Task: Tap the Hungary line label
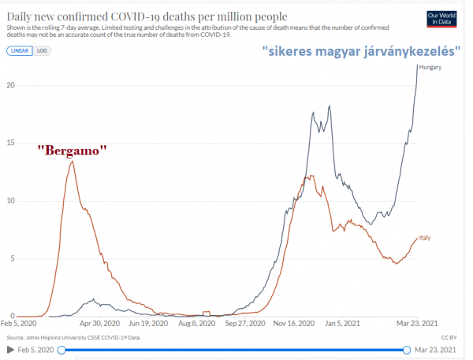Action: pyautogui.click(x=430, y=68)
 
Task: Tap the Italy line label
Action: pyautogui.click(x=423, y=237)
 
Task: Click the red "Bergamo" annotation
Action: pyautogui.click(x=73, y=149)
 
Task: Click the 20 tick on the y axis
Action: pyautogui.click(x=10, y=85)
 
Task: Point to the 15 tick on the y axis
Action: pyautogui.click(x=10, y=143)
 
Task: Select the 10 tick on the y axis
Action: pyautogui.click(x=10, y=200)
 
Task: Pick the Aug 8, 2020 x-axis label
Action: pyautogui.click(x=196, y=323)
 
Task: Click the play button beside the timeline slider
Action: pyautogui.click(x=9, y=349)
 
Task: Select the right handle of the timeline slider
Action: pyautogui.click(x=408, y=349)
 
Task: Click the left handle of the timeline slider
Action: pyautogui.click(x=60, y=349)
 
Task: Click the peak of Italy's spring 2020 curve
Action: pyautogui.click(x=73, y=161)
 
